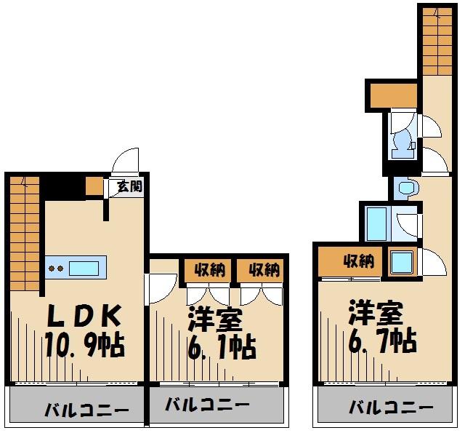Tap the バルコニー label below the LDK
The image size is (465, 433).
tap(76, 408)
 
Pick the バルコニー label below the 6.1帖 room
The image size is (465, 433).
tap(207, 405)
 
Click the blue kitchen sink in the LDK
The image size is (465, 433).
tap(84, 266)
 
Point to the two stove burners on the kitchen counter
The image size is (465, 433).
tap(55, 267)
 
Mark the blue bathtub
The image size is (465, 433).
tap(378, 223)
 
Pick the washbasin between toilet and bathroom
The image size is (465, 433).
tap(405, 188)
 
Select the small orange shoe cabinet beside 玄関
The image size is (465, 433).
tap(94, 186)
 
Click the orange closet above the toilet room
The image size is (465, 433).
tap(392, 95)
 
